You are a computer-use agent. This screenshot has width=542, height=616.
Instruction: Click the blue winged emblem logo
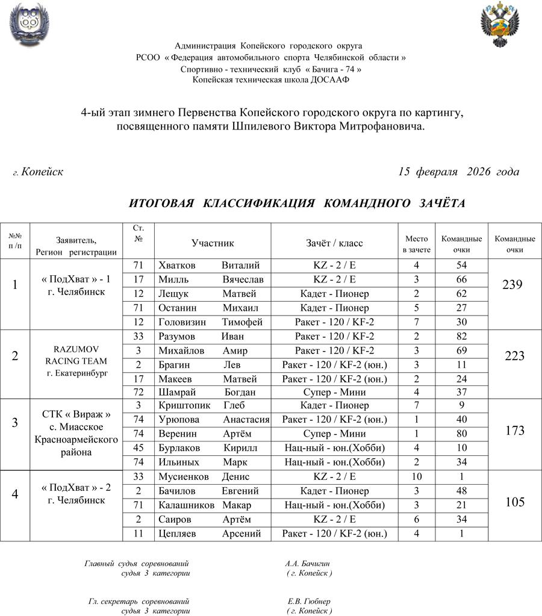[x=29, y=25]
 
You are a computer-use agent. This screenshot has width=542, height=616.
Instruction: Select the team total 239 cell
[x=515, y=285]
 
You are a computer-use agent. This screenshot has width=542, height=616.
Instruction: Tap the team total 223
[x=515, y=356]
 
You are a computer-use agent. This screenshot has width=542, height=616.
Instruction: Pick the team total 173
[x=515, y=431]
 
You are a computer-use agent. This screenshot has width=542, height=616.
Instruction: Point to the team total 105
[x=515, y=502]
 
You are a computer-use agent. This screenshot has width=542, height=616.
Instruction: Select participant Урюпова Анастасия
[x=213, y=420]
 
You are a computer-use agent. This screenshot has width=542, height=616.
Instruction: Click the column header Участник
[x=213, y=243]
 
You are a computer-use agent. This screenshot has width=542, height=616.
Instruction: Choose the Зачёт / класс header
[x=334, y=243]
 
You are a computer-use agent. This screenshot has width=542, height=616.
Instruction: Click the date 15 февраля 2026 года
[x=458, y=172]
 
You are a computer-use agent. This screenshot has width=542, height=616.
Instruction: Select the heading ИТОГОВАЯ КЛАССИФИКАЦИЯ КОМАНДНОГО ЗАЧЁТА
[x=297, y=204]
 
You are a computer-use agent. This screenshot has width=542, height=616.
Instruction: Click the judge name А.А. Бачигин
[x=308, y=564]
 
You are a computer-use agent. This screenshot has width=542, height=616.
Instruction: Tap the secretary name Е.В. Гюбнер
[x=309, y=602]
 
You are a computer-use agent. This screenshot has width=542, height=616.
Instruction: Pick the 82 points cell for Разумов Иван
[x=462, y=337]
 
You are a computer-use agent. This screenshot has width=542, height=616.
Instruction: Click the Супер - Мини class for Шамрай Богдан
[x=334, y=392]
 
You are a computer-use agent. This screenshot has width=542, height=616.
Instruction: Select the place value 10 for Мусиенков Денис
[x=416, y=477]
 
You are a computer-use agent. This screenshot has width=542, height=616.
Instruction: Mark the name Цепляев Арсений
[x=209, y=534]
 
